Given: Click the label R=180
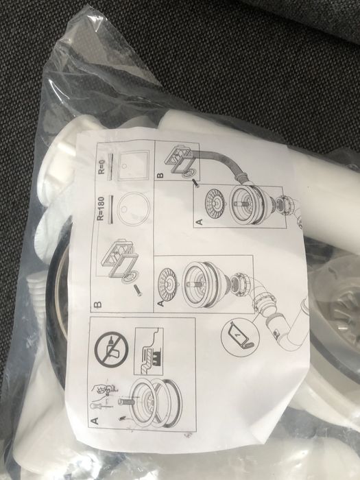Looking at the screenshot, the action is (100, 208).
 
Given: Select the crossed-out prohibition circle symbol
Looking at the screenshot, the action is (111, 350).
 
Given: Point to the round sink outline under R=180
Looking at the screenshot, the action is (134, 209).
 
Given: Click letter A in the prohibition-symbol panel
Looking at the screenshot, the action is (95, 421).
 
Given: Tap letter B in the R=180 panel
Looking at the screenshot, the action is (97, 304).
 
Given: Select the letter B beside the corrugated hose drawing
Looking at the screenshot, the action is (160, 176).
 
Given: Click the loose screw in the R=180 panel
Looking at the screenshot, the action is (138, 289).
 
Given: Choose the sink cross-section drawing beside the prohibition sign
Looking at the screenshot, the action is (149, 351).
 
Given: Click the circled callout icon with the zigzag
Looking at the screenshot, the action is (241, 337).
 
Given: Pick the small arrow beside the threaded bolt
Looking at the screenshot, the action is (123, 417).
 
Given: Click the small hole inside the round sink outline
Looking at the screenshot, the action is (125, 209).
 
